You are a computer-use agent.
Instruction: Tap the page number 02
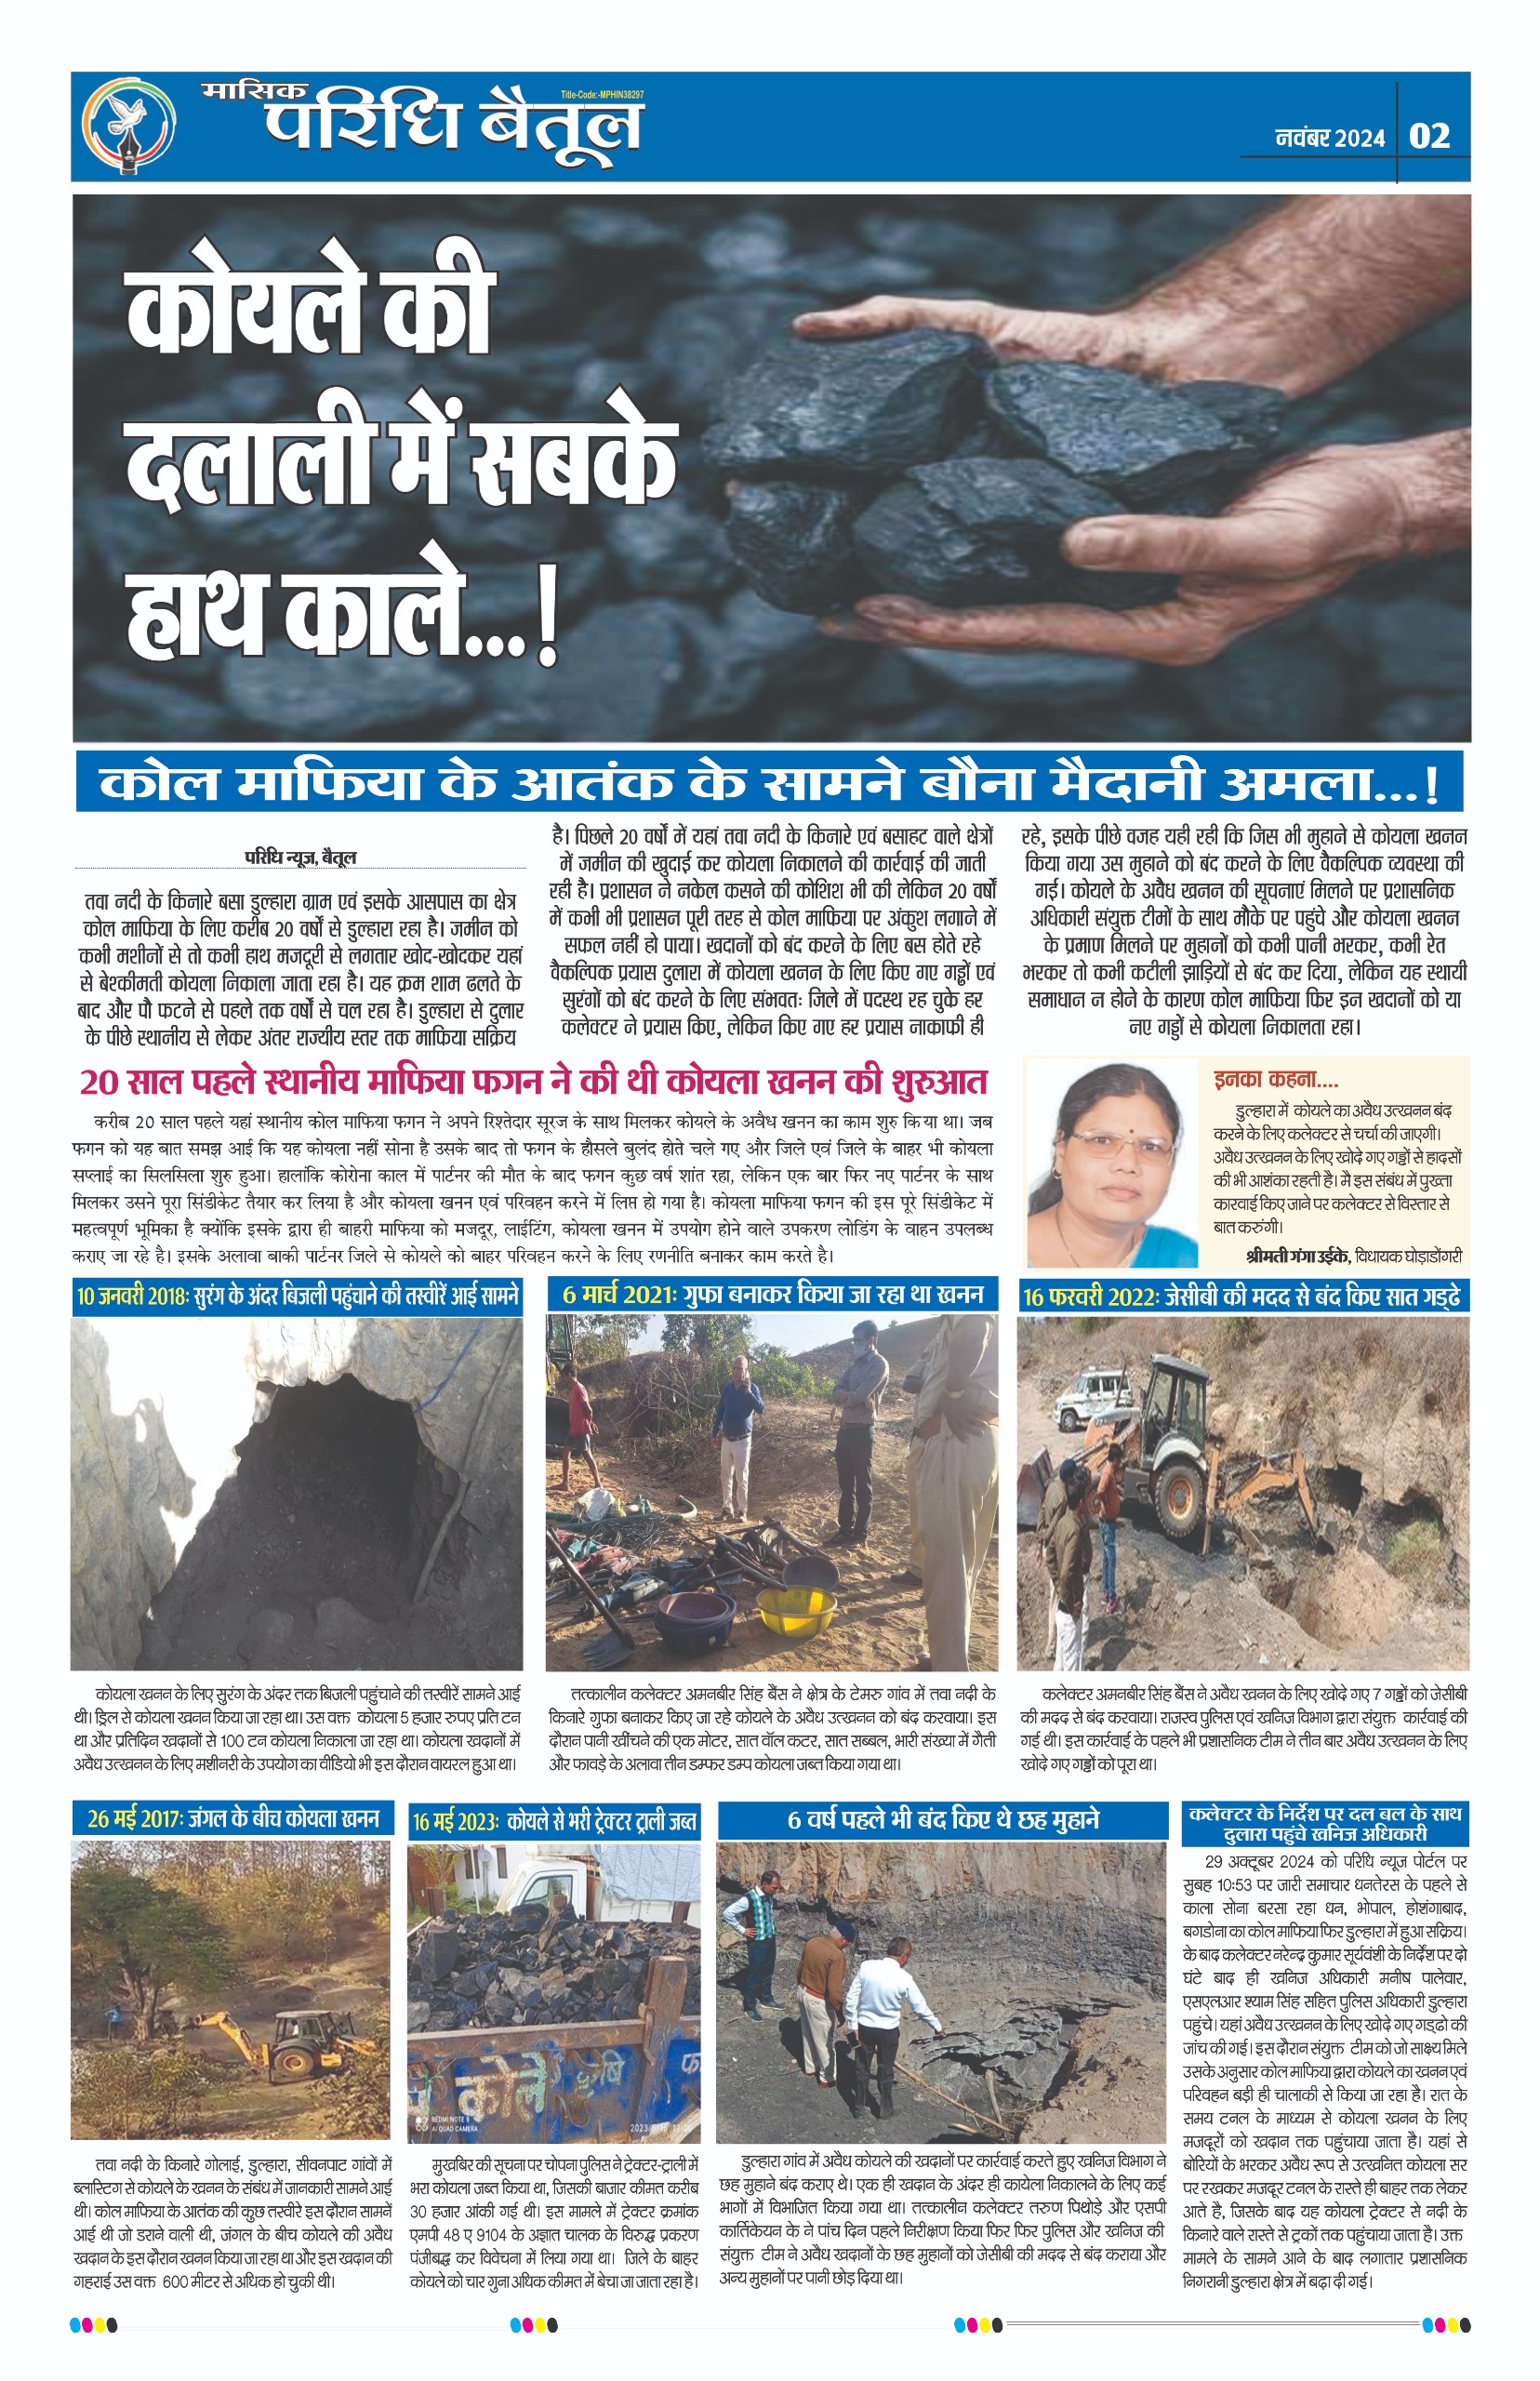tap(1429, 136)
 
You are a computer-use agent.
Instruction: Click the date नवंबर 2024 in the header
tap(1330, 138)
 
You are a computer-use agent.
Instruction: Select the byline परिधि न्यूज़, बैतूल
tap(301, 857)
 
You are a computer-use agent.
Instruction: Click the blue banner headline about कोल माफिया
tap(768, 784)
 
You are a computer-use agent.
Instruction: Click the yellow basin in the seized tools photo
tap(796, 1607)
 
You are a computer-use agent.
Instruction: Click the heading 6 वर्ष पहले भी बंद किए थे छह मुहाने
tap(942, 1819)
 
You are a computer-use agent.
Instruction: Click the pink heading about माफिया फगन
tap(533, 1082)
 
